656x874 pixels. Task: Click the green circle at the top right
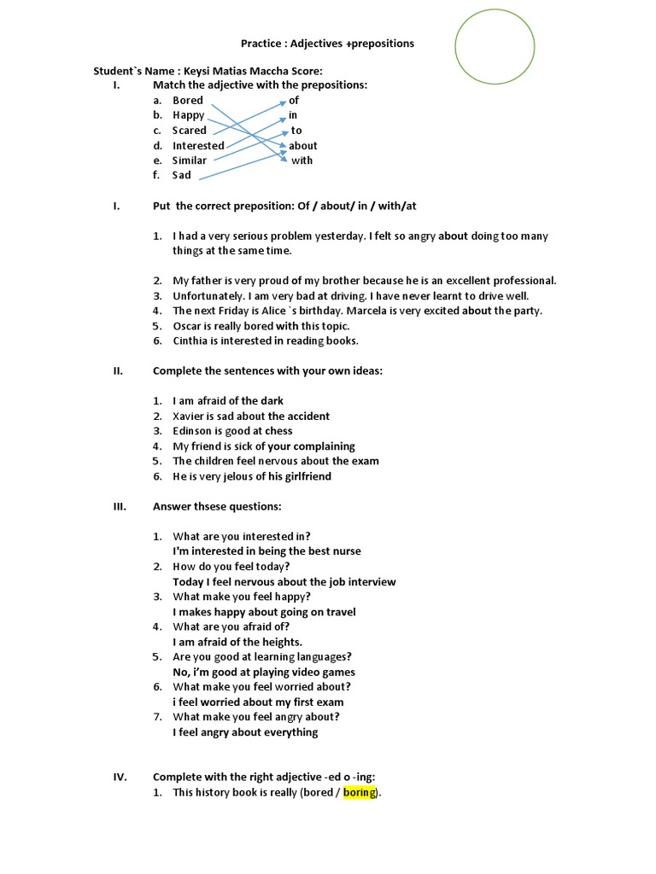pyautogui.click(x=495, y=46)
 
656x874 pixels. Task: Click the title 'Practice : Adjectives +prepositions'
pyautogui.click(x=327, y=44)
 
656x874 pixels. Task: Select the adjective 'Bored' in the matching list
pyautogui.click(x=188, y=100)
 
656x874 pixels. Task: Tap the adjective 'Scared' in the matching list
pyautogui.click(x=190, y=131)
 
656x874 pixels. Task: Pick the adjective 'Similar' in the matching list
pyautogui.click(x=190, y=160)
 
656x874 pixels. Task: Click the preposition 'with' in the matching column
pyautogui.click(x=302, y=160)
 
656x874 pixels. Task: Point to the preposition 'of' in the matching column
pyautogui.click(x=294, y=100)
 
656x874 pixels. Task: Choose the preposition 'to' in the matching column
pyautogui.click(x=296, y=131)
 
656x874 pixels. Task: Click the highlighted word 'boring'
pyautogui.click(x=360, y=792)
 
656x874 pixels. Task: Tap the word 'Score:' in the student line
pyautogui.click(x=307, y=70)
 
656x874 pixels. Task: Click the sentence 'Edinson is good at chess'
pyautogui.click(x=232, y=431)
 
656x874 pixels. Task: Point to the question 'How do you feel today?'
pyautogui.click(x=231, y=566)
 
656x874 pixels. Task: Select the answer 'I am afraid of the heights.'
pyautogui.click(x=237, y=642)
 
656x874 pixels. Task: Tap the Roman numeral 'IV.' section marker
pyautogui.click(x=120, y=777)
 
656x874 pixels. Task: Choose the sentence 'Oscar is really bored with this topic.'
pyautogui.click(x=261, y=326)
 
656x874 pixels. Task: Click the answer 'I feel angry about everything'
pyautogui.click(x=245, y=732)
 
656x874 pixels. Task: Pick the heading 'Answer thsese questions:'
pyautogui.click(x=217, y=506)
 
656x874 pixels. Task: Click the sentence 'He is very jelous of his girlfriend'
pyautogui.click(x=252, y=476)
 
